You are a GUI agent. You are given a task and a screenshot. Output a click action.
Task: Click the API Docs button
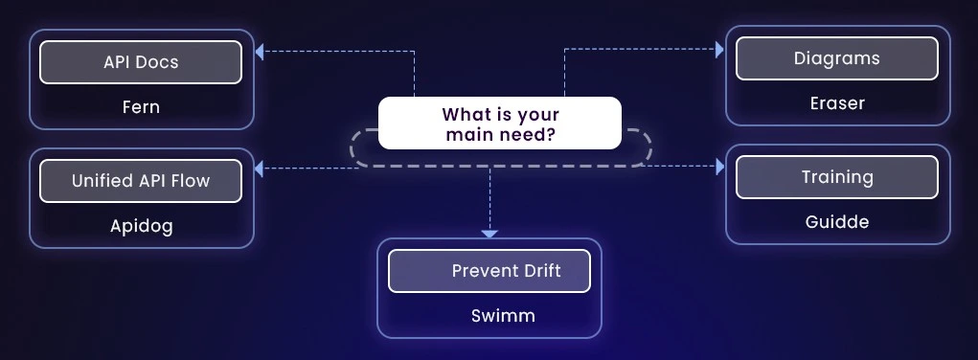tap(141, 62)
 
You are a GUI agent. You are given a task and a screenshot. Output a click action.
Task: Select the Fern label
tap(141, 106)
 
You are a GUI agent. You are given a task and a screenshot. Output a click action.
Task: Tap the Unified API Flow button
tap(141, 180)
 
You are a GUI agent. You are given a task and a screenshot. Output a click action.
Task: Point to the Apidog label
tap(141, 226)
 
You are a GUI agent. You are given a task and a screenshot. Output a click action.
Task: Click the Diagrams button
tap(837, 58)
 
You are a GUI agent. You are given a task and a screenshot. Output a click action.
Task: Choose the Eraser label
tap(837, 102)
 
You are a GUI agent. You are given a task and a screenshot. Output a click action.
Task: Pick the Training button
tap(837, 177)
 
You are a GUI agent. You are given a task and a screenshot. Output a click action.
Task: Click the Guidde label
tap(837, 222)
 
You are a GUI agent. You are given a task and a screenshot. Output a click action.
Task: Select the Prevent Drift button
tap(489, 272)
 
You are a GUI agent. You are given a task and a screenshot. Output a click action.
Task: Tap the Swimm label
tap(489, 315)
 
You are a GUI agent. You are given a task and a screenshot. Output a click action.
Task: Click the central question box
tap(499, 124)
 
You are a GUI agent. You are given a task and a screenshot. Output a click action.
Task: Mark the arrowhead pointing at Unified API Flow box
tap(261, 169)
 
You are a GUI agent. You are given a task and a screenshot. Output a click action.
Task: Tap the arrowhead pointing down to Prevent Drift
tap(489, 232)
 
